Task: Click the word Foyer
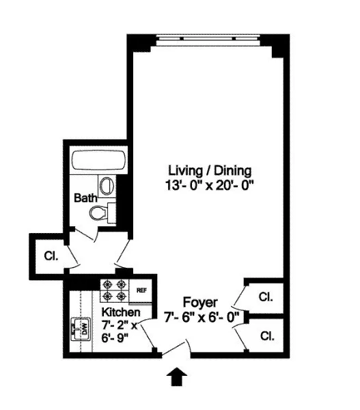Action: (x=199, y=302)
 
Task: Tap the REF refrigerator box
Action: (x=142, y=290)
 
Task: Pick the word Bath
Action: (x=86, y=197)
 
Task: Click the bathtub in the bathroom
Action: (x=100, y=163)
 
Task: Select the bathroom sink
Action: (x=107, y=185)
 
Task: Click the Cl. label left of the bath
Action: (x=51, y=258)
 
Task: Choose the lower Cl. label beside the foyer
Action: (x=266, y=336)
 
